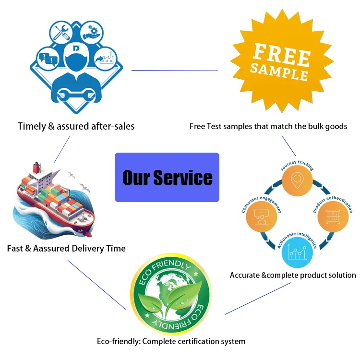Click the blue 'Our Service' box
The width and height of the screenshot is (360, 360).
167,177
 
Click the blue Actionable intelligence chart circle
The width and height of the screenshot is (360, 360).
297,252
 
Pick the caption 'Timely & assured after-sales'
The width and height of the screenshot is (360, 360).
76,126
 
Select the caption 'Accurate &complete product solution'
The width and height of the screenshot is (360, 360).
293,275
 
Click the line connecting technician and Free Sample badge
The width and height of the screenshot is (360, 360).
175,71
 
